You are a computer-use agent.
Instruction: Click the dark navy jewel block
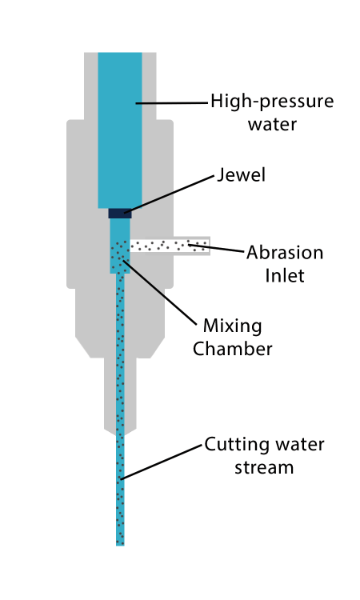tap(120, 213)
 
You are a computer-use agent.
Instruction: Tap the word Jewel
tap(241, 175)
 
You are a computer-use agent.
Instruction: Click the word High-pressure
tap(272, 102)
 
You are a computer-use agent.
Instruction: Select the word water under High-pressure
tap(272, 124)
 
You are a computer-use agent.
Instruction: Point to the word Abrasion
tap(285, 253)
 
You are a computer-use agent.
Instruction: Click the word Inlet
tap(285, 275)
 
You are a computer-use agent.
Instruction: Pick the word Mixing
tap(232, 326)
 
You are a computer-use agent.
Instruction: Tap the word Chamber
tap(232, 349)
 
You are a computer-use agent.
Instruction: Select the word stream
tap(264, 468)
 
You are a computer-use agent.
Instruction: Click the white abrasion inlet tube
tap(170, 246)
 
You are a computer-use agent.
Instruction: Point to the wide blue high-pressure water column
tap(120, 130)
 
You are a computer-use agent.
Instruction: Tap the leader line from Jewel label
tap(169, 194)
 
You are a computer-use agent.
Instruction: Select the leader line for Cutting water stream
tap(161, 462)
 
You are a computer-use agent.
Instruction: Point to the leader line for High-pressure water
tap(172, 103)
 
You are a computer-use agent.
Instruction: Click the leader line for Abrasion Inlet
tap(216, 248)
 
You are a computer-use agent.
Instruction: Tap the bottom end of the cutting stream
tap(120, 545)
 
